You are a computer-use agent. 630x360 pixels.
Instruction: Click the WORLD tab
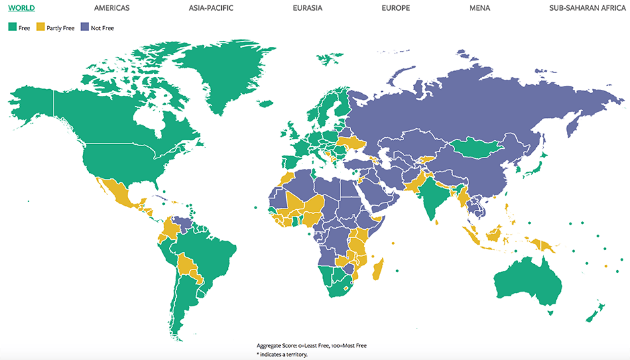tap(21, 8)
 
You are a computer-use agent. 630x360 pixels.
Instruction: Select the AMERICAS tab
tap(112, 8)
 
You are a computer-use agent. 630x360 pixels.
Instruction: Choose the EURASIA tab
tap(308, 8)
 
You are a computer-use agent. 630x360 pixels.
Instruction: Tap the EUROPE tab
tap(395, 8)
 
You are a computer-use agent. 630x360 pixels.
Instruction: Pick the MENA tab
tap(479, 8)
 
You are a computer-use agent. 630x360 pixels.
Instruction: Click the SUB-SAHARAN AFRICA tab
tap(587, 8)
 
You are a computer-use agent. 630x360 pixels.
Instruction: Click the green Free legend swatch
tap(12, 27)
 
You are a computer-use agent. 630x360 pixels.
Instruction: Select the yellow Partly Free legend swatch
tap(40, 27)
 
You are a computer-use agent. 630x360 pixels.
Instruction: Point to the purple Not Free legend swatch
tap(84, 27)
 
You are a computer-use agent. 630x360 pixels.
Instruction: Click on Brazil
tap(214, 255)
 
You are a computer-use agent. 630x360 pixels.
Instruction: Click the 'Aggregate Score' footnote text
tap(311, 345)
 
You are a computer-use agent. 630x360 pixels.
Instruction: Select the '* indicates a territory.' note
tap(281, 354)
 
